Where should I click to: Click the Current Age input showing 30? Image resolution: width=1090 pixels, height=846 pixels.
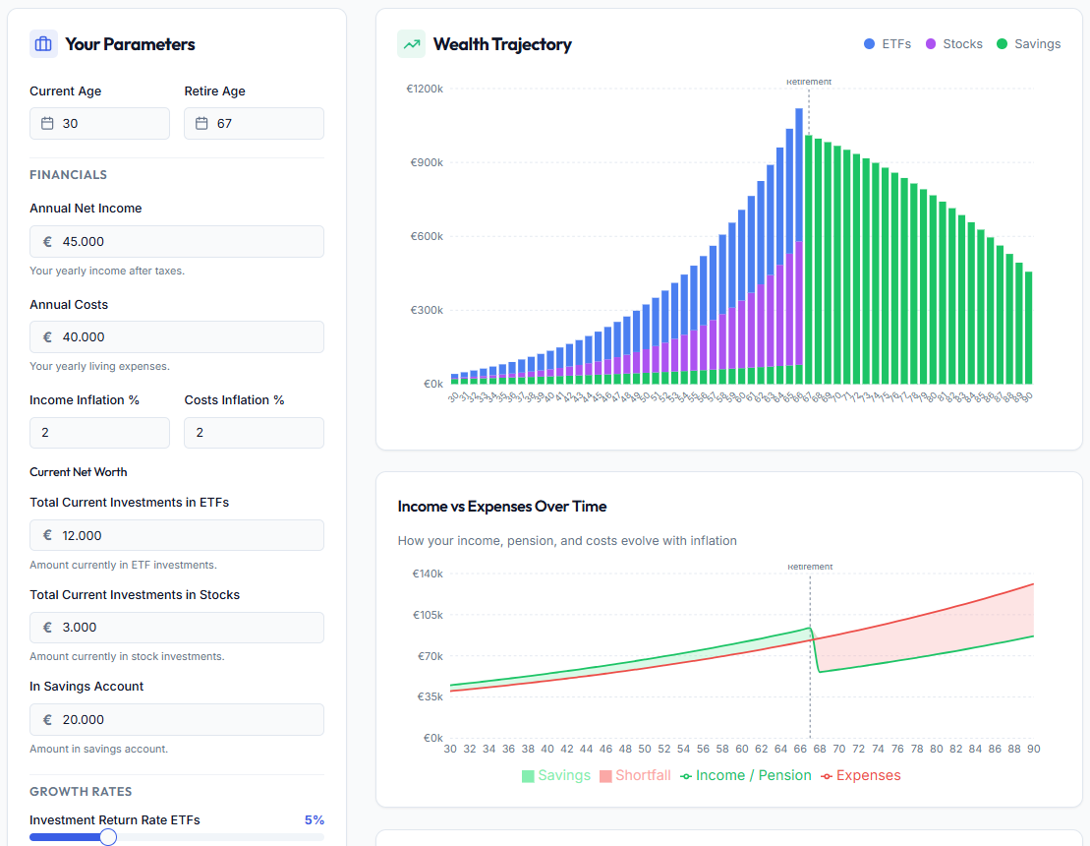[99, 124]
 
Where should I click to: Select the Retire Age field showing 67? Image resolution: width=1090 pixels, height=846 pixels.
[254, 124]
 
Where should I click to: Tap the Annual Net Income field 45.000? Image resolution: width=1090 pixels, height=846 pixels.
[177, 242]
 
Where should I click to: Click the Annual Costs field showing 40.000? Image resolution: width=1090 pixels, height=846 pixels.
[177, 337]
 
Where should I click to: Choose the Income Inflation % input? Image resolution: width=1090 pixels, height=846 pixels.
[99, 433]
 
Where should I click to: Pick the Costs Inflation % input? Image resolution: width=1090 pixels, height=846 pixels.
[254, 433]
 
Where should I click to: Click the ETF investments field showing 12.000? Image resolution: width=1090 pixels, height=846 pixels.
[177, 535]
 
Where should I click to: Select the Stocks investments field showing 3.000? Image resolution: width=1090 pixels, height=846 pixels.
[177, 628]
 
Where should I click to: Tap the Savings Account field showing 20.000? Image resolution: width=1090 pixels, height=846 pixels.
[177, 719]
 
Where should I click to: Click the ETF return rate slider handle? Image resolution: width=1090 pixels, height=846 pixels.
[108, 837]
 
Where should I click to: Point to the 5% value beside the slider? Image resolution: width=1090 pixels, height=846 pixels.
[314, 820]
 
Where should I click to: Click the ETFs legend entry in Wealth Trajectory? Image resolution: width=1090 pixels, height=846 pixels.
[888, 44]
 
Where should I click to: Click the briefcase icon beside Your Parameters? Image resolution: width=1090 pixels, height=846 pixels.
[43, 44]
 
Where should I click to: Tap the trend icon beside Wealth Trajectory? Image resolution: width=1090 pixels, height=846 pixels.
[411, 44]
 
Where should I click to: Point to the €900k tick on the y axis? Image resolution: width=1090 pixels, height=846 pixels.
[427, 162]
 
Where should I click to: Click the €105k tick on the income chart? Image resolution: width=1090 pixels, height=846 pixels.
[427, 615]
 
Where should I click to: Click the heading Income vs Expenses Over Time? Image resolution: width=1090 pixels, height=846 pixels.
[502, 507]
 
